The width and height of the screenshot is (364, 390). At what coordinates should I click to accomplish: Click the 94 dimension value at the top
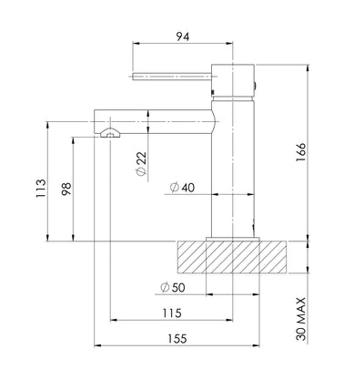pos(183,36)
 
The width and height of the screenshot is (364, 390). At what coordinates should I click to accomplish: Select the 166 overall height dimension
pos(301,152)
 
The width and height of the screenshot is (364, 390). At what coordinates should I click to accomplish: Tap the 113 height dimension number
pos(41,189)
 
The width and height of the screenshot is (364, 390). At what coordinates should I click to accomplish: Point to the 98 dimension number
pos(66,189)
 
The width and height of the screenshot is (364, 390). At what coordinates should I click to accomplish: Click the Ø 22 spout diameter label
pos(141,163)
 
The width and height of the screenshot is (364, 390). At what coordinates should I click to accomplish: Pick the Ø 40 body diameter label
pos(182,188)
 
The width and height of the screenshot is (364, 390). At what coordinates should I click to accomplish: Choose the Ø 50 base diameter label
pos(172,287)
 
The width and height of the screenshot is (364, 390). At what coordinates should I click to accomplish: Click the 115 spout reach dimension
pos(172,313)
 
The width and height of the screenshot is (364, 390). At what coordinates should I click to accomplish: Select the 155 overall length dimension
pos(177,339)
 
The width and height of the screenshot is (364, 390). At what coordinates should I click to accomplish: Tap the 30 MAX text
pos(301,319)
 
